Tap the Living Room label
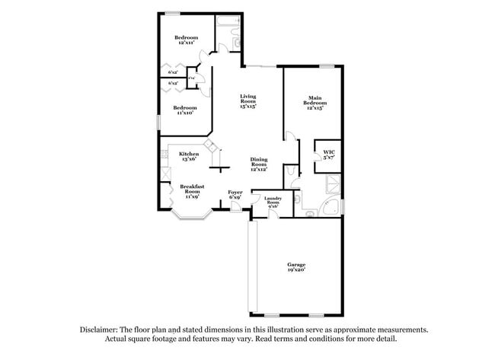point(248,97)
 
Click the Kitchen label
point(189,154)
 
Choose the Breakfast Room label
point(192,189)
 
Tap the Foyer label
point(235,192)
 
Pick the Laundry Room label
point(273,199)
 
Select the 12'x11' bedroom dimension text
point(186,43)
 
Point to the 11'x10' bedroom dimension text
point(186,113)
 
